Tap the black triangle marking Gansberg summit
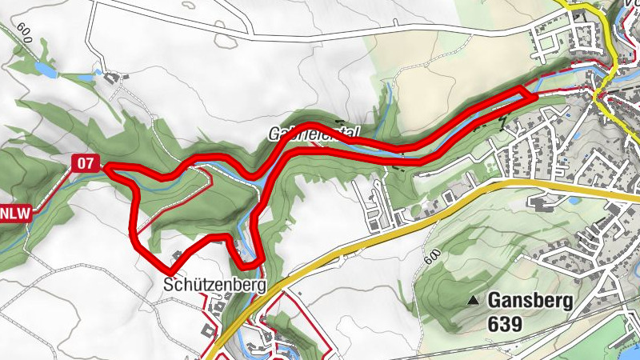pos(474,301)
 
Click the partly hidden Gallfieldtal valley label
pos(315,133)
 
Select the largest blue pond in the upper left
pos(45,70)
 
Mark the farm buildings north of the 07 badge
pos(112,78)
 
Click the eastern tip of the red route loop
pos(532,95)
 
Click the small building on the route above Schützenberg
pos(177,257)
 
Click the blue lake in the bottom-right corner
pos(624,336)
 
